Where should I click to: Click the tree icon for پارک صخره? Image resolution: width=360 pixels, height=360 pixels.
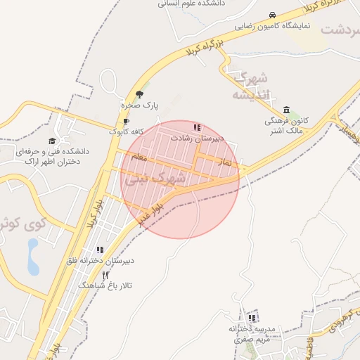139,94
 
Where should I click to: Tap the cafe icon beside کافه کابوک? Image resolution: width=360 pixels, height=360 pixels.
126,121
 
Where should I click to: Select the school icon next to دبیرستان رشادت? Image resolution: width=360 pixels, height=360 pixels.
197,128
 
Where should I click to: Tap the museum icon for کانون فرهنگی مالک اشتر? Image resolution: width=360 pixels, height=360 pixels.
286,110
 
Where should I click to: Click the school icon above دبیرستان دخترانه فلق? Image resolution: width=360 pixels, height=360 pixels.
100,250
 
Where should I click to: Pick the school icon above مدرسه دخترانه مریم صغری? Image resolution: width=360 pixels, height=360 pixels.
252,319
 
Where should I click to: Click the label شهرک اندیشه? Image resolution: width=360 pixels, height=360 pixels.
250,86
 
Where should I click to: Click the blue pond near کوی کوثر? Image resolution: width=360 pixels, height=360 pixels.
33,257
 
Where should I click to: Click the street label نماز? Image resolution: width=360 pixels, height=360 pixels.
226,162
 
